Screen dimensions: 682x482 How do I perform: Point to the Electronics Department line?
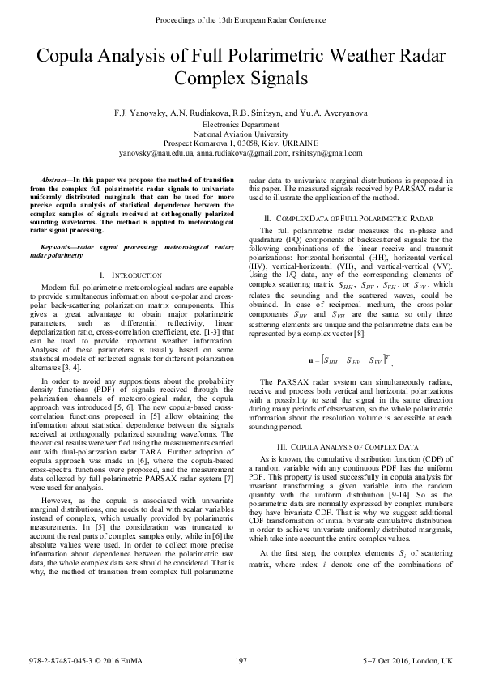(x=241, y=125)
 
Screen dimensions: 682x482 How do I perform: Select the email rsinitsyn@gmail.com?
(x=327, y=152)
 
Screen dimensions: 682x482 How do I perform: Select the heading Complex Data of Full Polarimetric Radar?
(x=352, y=220)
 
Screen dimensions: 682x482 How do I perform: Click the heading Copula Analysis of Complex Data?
(x=352, y=447)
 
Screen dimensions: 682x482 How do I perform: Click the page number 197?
(x=241, y=663)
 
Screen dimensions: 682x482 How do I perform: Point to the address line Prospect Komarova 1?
(x=241, y=143)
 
